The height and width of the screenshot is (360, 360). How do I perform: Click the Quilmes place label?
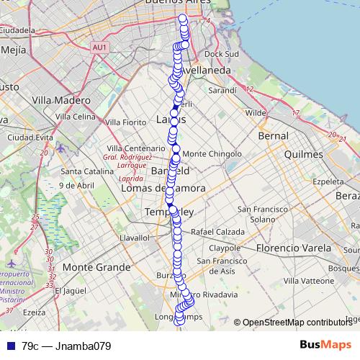tap(305, 154)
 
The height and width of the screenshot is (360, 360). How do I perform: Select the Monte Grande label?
tap(91, 266)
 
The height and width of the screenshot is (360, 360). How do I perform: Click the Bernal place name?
tap(273, 135)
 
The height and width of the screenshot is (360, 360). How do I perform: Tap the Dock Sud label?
tap(221, 54)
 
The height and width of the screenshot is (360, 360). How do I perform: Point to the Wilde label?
tap(256, 113)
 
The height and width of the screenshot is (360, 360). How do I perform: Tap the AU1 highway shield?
tap(99, 47)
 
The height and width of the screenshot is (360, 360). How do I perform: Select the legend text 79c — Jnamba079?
tap(66, 346)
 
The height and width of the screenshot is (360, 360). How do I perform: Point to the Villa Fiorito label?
tap(125, 122)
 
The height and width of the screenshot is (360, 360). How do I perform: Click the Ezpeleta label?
tap(328, 182)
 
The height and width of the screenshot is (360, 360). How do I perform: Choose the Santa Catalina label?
tap(85, 171)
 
